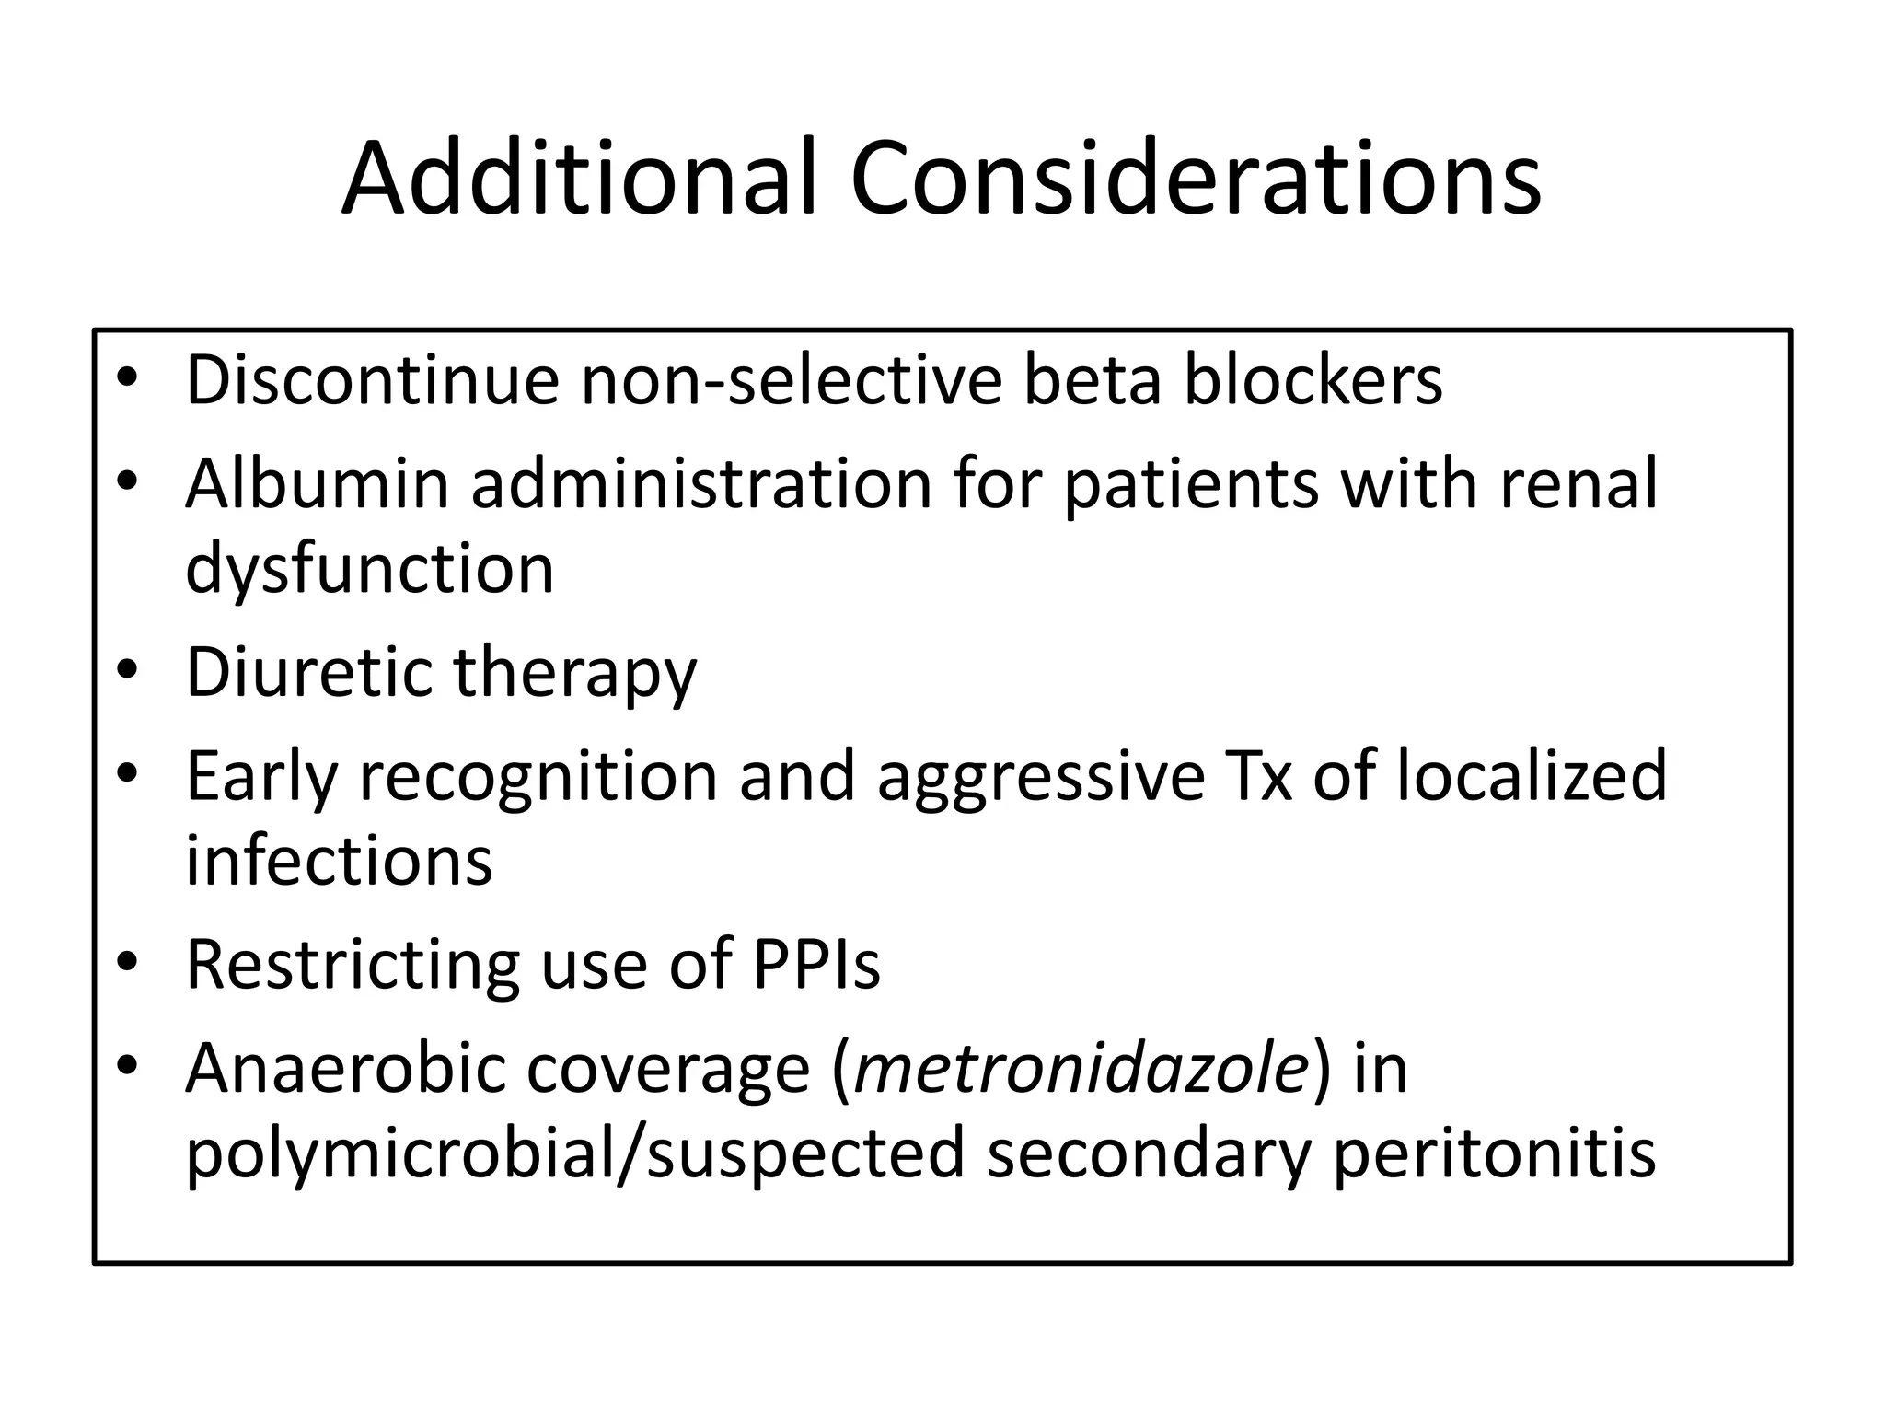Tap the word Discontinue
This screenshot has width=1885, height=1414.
[x=372, y=379]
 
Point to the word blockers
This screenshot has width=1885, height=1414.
[x=1313, y=379]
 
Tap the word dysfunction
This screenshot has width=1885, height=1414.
[x=370, y=569]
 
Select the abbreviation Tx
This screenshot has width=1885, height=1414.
[x=1258, y=775]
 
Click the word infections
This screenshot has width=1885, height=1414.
[x=339, y=860]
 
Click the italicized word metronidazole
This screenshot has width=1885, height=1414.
[x=1081, y=1068]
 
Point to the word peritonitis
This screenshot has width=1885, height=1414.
[x=1495, y=1154]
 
